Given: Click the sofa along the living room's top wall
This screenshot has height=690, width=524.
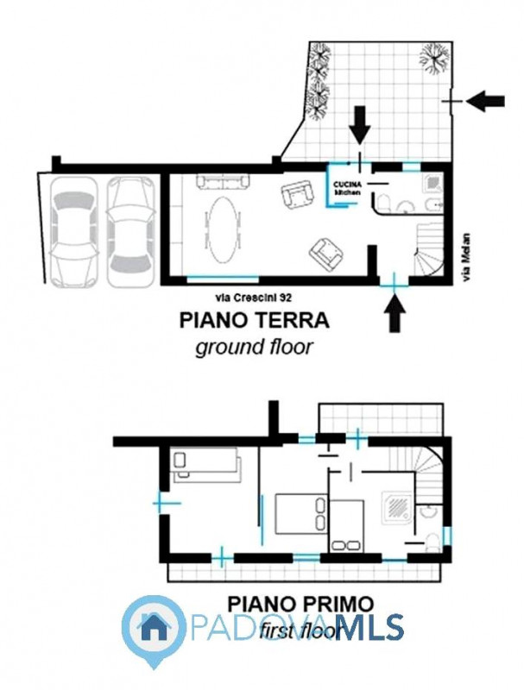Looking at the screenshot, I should point(222,181).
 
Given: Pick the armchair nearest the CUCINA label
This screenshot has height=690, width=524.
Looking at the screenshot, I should point(297,196).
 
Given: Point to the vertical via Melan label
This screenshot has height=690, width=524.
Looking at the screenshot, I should point(467,256).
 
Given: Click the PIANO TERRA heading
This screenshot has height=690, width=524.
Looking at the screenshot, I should point(254,321).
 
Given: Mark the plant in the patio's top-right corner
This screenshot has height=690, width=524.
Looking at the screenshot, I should point(434,59).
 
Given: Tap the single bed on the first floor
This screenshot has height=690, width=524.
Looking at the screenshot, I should point(205,464).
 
